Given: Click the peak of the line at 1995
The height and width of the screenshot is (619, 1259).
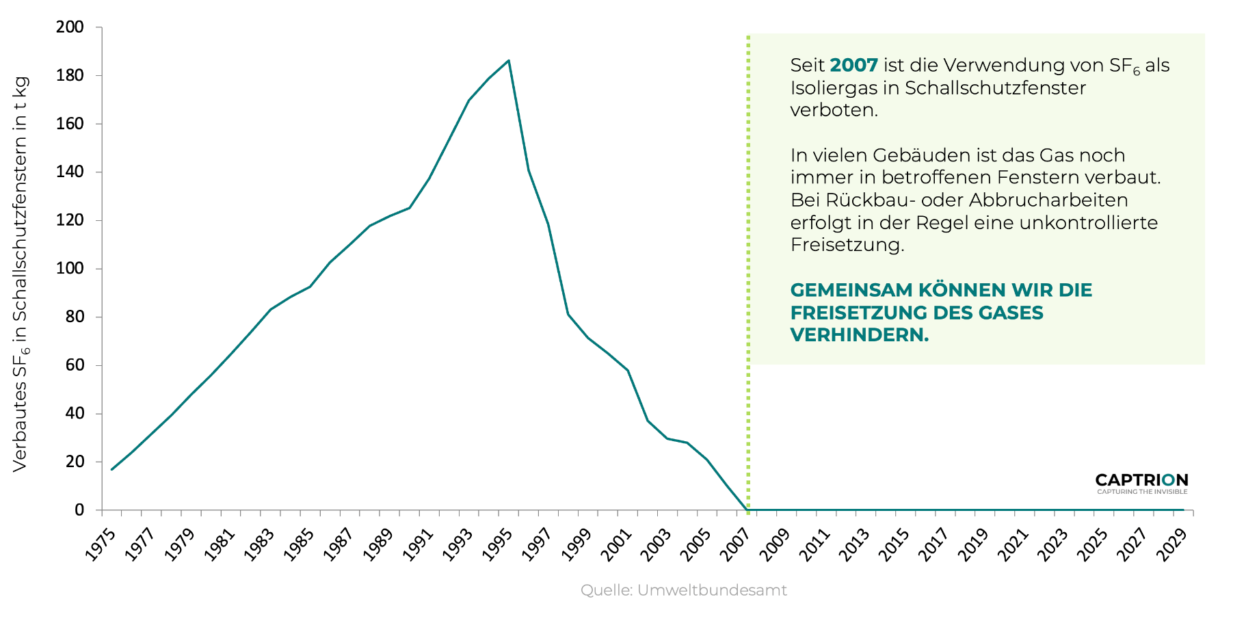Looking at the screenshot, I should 508,61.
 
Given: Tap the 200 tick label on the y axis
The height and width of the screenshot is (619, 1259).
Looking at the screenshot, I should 70,27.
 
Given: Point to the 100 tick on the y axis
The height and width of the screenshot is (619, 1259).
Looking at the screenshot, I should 70,268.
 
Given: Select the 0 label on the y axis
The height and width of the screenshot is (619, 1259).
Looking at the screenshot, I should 79,510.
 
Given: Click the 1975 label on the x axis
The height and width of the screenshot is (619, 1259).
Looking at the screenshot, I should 101,545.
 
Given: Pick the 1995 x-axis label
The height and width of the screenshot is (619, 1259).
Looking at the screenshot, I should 497,545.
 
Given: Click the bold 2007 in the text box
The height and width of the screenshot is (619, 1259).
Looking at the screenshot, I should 853,66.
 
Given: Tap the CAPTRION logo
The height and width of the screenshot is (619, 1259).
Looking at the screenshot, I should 1141,482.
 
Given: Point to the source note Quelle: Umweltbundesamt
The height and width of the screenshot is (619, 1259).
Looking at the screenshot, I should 683,590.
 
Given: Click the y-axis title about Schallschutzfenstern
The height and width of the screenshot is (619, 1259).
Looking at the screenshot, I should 21,274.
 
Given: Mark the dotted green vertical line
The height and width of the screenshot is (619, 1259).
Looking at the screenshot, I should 748,274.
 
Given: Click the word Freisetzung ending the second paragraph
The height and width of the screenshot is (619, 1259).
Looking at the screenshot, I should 847,245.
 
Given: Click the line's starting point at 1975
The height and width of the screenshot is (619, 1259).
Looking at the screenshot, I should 111,469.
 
